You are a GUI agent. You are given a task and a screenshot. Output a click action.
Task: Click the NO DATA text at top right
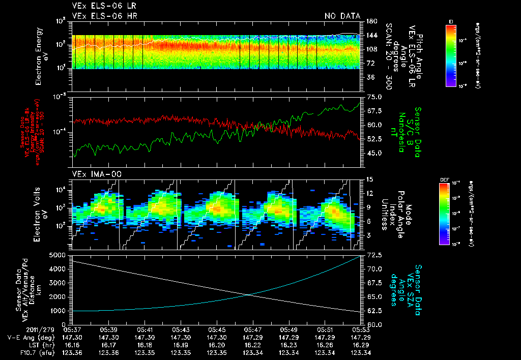[342, 16]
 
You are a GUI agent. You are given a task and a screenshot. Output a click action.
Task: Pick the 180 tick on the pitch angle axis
[371, 21]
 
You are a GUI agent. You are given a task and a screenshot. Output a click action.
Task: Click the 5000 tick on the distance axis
[58, 255]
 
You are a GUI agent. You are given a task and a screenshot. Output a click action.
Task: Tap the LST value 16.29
[361, 344]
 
